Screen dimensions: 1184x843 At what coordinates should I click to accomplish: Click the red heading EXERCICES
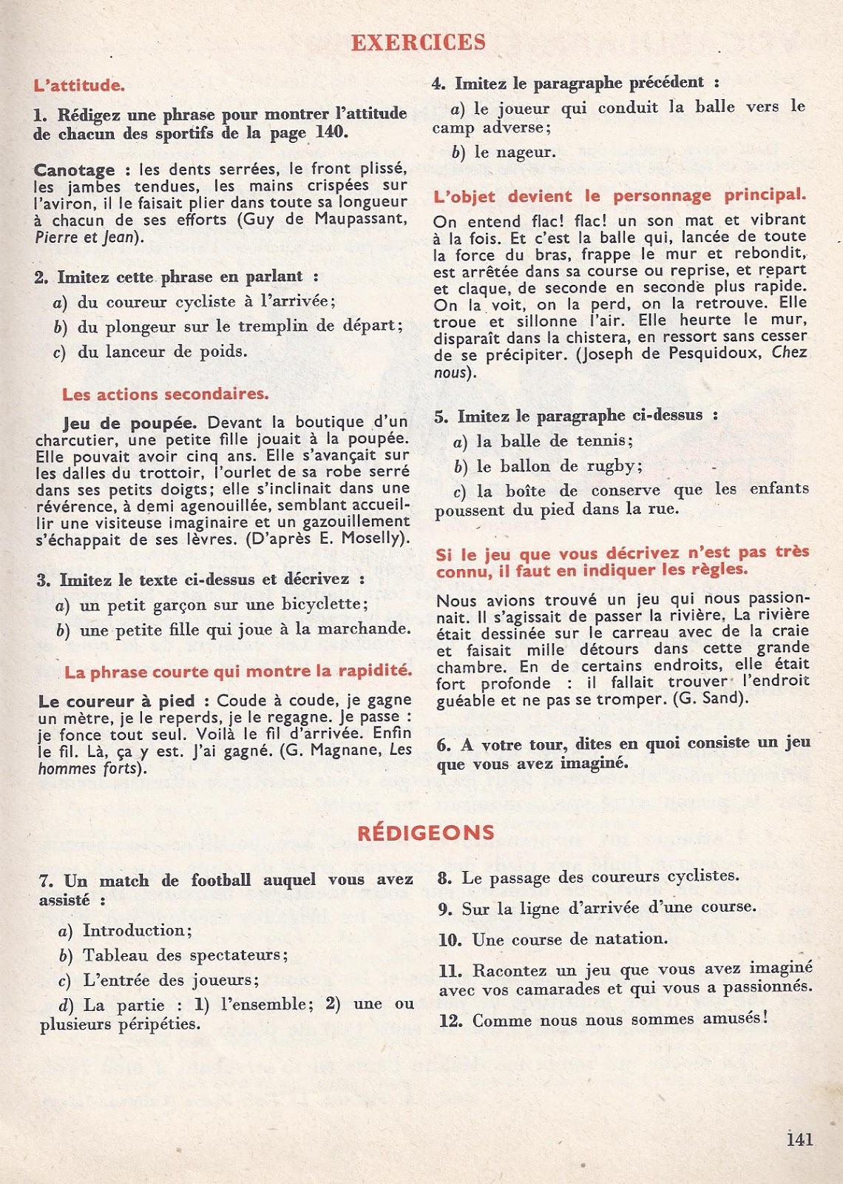[419, 42]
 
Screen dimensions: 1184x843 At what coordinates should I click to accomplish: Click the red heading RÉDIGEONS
[426, 832]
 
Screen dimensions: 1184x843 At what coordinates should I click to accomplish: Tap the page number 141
[799, 1139]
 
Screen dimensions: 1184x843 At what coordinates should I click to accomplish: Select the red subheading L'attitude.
[79, 85]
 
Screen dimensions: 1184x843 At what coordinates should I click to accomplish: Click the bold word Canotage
[74, 170]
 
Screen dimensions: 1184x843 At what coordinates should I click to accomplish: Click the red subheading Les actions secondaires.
[165, 394]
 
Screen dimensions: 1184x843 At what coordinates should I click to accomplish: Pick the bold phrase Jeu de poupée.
[130, 423]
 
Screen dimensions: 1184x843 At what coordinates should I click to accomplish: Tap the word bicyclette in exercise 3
[318, 604]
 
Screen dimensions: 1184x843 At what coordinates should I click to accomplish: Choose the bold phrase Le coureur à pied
[116, 701]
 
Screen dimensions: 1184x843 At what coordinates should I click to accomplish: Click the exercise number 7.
[46, 881]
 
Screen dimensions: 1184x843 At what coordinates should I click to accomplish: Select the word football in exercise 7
[220, 880]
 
